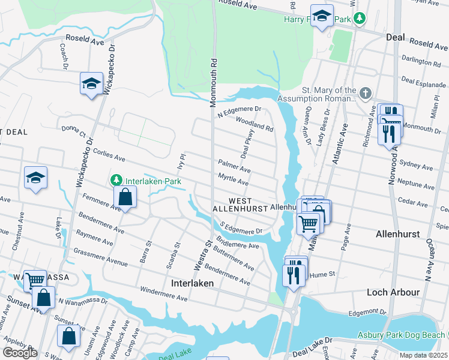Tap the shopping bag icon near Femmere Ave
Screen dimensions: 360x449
coord(125,196)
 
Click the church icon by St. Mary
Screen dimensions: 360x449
coord(364,93)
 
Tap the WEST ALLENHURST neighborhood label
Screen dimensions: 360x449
coord(240,204)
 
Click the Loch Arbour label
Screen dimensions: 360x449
coord(393,292)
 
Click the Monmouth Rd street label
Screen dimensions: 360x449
coord(212,83)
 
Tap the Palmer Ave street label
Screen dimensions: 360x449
coord(234,166)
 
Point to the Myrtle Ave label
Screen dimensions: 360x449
coord(234,179)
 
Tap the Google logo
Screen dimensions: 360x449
coord(20,353)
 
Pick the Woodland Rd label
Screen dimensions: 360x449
coord(255,124)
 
